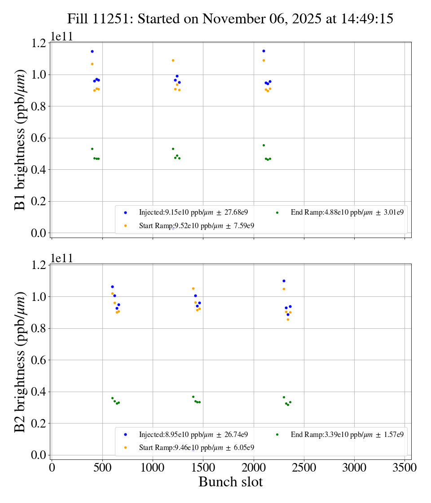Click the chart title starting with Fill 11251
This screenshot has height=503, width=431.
[230, 19]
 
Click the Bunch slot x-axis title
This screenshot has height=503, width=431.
[230, 482]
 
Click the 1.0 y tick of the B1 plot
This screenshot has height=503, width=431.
[38, 75]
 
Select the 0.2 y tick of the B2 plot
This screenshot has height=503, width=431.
[38, 424]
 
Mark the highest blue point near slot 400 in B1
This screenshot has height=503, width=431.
[92, 51]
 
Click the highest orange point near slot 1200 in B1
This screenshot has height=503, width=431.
[173, 60]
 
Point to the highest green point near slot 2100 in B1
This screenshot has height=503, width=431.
[264, 145]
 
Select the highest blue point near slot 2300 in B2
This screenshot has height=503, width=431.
[284, 281]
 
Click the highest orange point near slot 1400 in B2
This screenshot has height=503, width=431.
[193, 288]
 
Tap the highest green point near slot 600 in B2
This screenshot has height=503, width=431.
[112, 398]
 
